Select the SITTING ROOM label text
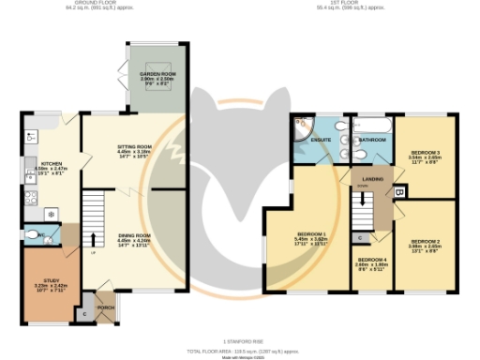point(134,147)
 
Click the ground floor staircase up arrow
point(92,233)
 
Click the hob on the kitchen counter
point(30,198)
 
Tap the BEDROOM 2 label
point(425,245)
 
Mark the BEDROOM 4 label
point(371,262)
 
